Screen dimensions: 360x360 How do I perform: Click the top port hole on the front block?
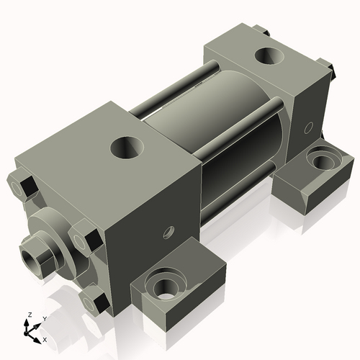127,149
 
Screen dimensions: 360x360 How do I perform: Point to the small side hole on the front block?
169,233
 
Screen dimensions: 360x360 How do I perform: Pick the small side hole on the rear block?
308,127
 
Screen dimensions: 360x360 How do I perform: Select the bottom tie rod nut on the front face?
94,299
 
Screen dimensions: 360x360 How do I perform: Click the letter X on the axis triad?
45,338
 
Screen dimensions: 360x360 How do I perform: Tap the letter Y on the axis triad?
44,318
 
